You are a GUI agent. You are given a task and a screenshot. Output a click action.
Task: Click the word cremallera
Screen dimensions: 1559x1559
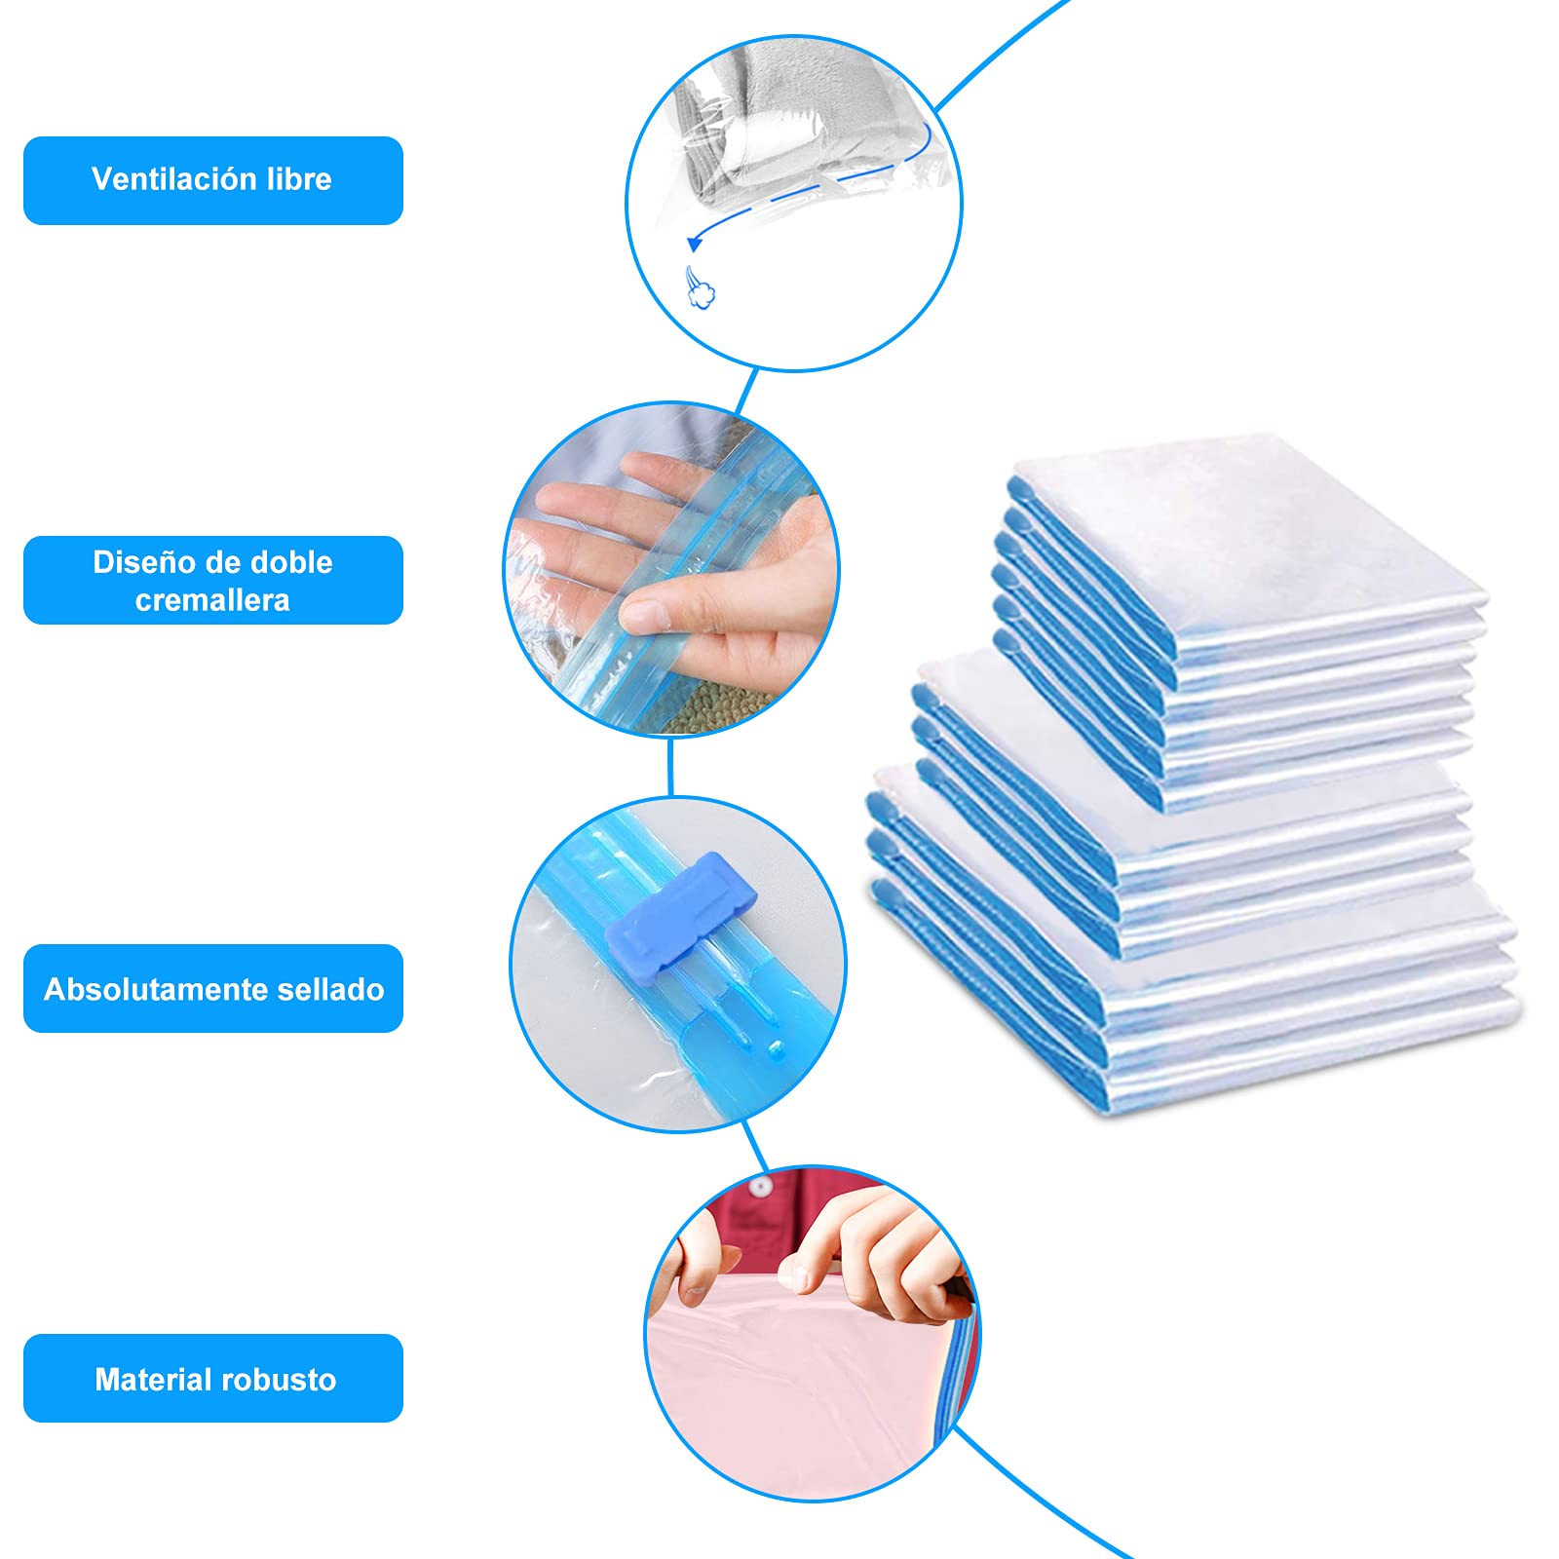(x=212, y=600)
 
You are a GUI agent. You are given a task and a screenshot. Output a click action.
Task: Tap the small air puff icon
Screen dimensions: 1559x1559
(x=700, y=288)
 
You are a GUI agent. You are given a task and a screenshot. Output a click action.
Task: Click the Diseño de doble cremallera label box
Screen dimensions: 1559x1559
(x=213, y=580)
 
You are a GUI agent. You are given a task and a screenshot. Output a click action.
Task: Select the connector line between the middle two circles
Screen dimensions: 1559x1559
(x=670, y=767)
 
